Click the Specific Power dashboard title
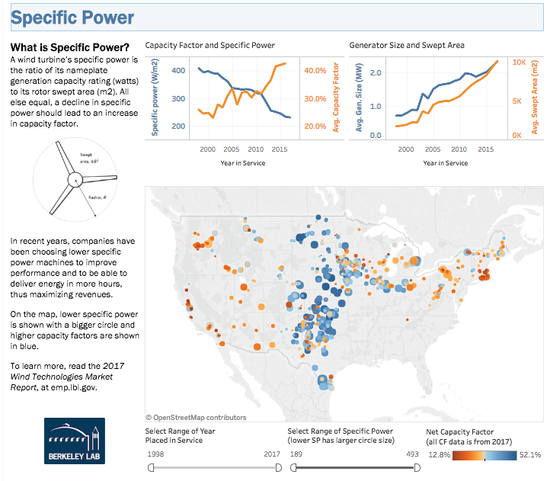point(73,18)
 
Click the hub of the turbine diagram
point(75,181)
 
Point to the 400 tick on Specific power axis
point(177,71)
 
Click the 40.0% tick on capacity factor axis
point(315,71)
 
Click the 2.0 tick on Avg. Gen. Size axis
point(375,73)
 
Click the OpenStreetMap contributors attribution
point(196,417)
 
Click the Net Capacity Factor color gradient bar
point(484,455)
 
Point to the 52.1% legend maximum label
point(530,455)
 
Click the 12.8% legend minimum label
point(439,455)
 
